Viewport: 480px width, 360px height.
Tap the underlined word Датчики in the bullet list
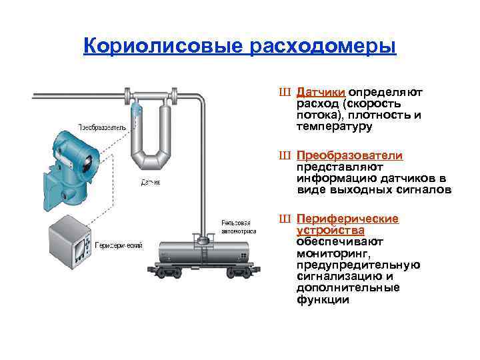321,92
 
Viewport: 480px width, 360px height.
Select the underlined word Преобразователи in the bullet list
350,155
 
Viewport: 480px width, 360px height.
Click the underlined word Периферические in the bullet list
347,219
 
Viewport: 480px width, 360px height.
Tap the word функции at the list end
323,300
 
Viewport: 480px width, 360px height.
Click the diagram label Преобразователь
101,127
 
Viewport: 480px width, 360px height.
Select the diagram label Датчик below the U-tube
149,181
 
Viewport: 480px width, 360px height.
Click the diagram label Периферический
119,245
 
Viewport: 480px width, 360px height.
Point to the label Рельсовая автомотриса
236,227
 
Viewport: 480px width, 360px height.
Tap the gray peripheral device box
71,241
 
